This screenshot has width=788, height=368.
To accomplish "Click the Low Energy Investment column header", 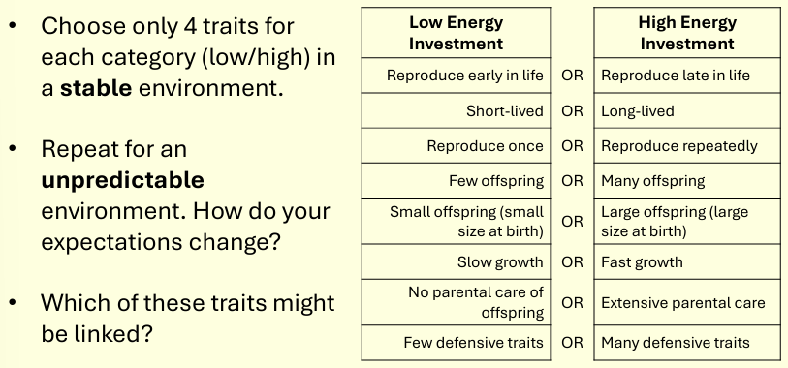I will (456, 33).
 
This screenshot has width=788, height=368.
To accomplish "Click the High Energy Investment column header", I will (687, 33).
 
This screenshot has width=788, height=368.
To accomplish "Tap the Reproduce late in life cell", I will (676, 76).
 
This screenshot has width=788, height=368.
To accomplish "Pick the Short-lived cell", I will (504, 111).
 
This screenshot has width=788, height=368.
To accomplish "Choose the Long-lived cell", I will (638, 111).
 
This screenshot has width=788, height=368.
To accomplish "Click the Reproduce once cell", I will (485, 146).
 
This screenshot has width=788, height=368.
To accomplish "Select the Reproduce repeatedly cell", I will (678, 146).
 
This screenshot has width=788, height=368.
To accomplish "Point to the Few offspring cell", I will (496, 181).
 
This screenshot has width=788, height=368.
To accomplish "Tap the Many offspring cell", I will (653, 181).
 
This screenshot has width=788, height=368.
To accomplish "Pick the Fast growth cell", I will (642, 262).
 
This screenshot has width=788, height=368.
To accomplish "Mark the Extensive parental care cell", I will (682, 303).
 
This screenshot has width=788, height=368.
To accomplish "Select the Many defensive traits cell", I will (676, 342).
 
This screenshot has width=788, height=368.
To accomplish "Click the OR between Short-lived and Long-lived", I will (572, 111).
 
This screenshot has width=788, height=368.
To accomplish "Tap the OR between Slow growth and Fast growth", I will (572, 262).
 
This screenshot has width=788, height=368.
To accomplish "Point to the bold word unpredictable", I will (122, 181).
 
